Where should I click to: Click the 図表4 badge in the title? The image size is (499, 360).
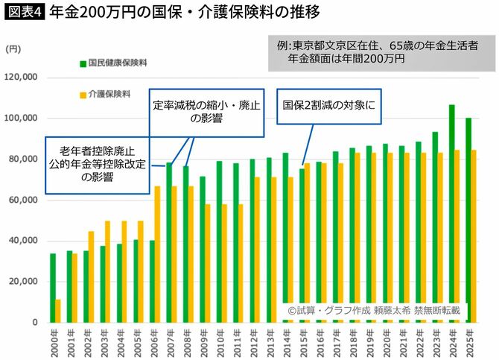pyautogui.click(x=25, y=13)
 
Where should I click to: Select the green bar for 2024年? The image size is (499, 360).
pyautogui.click(x=451, y=213)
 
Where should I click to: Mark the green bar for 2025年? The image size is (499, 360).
pyautogui.click(x=468, y=220)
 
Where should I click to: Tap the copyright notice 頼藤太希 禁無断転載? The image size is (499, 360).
pyautogui.click(x=380, y=309)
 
